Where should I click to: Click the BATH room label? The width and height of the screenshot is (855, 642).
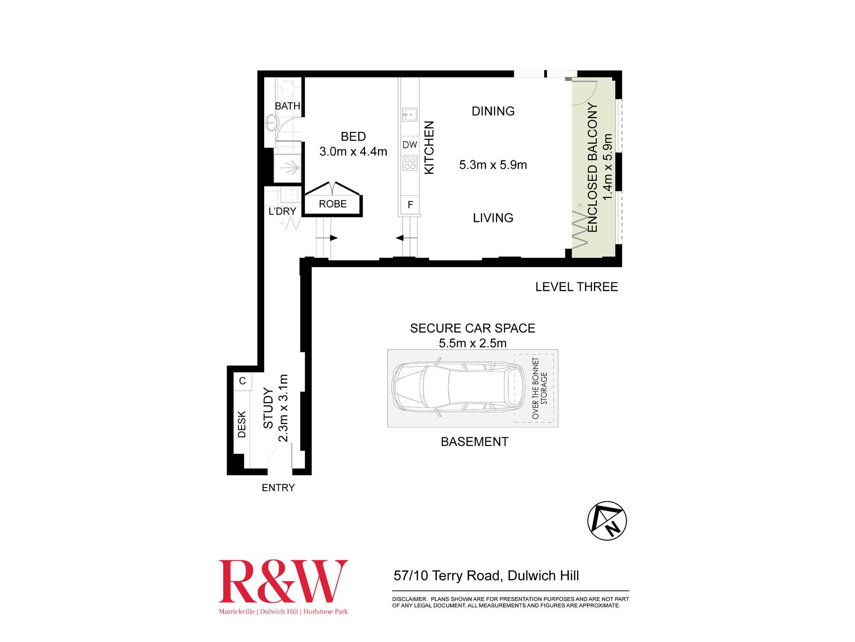click(287, 106)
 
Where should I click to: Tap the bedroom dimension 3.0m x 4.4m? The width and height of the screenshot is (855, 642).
click(353, 152)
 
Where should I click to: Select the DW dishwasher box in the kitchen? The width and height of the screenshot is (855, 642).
click(410, 145)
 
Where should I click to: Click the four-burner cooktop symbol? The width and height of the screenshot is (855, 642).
click(410, 163)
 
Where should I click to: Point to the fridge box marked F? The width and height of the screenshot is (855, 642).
click(410, 205)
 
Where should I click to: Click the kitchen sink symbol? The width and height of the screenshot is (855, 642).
click(410, 115)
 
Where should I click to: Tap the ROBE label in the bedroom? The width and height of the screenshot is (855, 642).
click(333, 204)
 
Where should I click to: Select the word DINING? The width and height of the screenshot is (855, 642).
click(493, 111)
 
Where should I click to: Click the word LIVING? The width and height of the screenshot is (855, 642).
click(493, 218)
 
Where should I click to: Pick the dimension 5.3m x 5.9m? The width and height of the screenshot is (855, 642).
click(493, 165)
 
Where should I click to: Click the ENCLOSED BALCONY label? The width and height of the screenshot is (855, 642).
click(592, 167)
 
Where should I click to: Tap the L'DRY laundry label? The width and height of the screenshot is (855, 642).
click(282, 211)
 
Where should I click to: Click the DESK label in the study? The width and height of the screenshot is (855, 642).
click(242, 424)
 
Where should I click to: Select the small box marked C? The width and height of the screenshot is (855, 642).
click(242, 381)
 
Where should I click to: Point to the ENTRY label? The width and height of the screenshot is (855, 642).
click(278, 487)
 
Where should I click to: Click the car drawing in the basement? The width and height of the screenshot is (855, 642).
click(459, 388)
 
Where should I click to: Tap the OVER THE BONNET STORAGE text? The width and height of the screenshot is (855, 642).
click(540, 388)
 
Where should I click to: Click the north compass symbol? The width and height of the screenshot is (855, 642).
click(607, 521)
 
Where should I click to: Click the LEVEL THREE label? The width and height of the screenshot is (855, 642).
click(577, 287)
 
